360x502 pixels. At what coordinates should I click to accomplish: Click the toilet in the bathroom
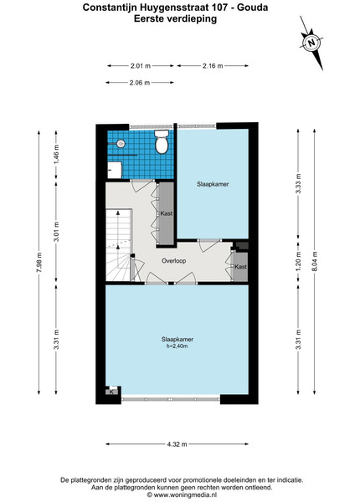[x=162, y=141]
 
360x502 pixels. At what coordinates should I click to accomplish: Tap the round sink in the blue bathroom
[x=121, y=144]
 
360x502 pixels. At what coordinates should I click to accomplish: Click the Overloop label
[x=173, y=261]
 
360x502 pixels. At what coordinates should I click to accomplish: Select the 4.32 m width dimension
[x=177, y=444]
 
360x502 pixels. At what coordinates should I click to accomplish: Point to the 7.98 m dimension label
[x=39, y=262]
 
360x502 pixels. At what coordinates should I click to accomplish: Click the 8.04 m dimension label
[x=314, y=262]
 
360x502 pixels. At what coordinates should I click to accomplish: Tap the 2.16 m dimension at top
[x=213, y=66]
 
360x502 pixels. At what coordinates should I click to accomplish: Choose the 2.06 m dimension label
[x=140, y=83]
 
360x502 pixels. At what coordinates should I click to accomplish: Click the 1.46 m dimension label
[x=56, y=155]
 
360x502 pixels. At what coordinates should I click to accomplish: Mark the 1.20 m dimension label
[x=298, y=262]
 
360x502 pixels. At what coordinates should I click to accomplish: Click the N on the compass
[x=311, y=43]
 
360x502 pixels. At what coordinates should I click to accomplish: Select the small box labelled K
[x=111, y=392]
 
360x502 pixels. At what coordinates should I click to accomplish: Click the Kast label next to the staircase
[x=167, y=213]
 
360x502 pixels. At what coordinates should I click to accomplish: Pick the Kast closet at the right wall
[x=240, y=267]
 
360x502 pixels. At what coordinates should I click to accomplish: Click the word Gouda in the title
[x=252, y=8]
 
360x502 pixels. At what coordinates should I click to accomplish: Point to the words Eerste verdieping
[x=175, y=18]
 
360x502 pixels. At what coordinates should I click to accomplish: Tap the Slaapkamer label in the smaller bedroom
[x=213, y=184]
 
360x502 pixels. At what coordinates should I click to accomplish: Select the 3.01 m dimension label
[x=56, y=232]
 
